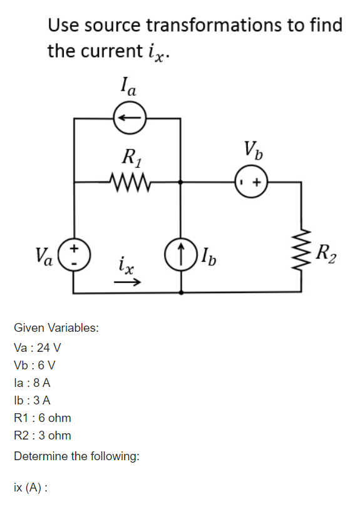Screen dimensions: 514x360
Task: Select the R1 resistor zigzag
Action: [x=129, y=182]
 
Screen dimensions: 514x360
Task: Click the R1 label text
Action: [x=130, y=157]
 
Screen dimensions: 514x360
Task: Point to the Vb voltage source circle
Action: [x=250, y=182]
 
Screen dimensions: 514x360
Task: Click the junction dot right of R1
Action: [x=181, y=182]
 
